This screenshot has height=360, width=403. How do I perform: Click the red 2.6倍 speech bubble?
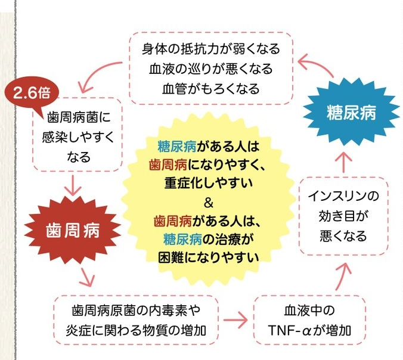[x=31, y=93]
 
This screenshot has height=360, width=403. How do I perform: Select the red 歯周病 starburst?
[x=72, y=228]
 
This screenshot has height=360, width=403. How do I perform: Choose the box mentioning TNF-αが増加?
[x=308, y=321]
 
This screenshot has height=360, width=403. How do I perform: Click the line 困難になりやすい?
[x=208, y=257]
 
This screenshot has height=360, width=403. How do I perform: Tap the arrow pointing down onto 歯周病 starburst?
[x=73, y=186]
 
